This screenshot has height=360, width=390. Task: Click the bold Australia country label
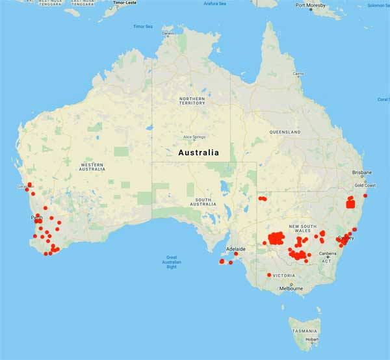(x=198, y=153)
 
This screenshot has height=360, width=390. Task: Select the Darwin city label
(x=168, y=33)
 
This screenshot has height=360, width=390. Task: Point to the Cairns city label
(x=298, y=73)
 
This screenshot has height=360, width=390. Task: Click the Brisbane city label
(x=362, y=173)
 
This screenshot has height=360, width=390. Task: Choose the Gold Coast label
(x=365, y=185)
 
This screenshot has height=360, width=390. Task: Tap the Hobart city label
(x=312, y=339)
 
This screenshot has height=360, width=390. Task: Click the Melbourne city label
(x=291, y=288)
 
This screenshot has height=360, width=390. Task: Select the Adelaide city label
(x=235, y=249)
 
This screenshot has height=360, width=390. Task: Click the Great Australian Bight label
(x=172, y=262)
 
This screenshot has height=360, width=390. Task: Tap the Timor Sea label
(x=142, y=27)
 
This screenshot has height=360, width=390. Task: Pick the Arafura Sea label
(x=215, y=3)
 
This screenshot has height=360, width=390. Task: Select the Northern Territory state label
(x=192, y=101)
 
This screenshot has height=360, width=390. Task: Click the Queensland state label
(x=285, y=132)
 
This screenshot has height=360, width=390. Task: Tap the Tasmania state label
(x=305, y=331)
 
